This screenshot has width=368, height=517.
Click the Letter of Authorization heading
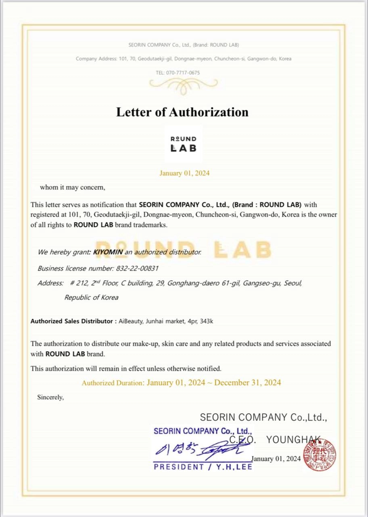click(x=182, y=112)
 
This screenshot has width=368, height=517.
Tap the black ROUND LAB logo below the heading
click(x=183, y=144)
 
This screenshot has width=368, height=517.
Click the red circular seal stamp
click(x=320, y=454)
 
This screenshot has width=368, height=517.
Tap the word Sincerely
click(x=50, y=397)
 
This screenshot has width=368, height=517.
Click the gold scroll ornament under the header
click(x=183, y=84)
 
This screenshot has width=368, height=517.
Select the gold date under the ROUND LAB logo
click(x=184, y=173)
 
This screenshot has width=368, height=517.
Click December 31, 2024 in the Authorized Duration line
click(x=247, y=382)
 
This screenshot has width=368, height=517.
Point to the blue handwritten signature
click(x=198, y=448)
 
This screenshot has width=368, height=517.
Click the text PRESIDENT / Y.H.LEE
click(x=203, y=467)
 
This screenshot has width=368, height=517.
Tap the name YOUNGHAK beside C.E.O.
click(x=293, y=440)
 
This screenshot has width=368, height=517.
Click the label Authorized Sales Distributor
click(x=71, y=322)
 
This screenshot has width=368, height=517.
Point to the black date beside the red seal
click(x=276, y=459)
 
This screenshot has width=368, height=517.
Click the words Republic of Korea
click(x=91, y=297)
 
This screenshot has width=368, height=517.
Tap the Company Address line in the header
click(x=183, y=59)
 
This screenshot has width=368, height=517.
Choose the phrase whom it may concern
click(x=72, y=187)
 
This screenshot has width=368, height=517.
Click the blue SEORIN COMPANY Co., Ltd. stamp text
click(x=203, y=431)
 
